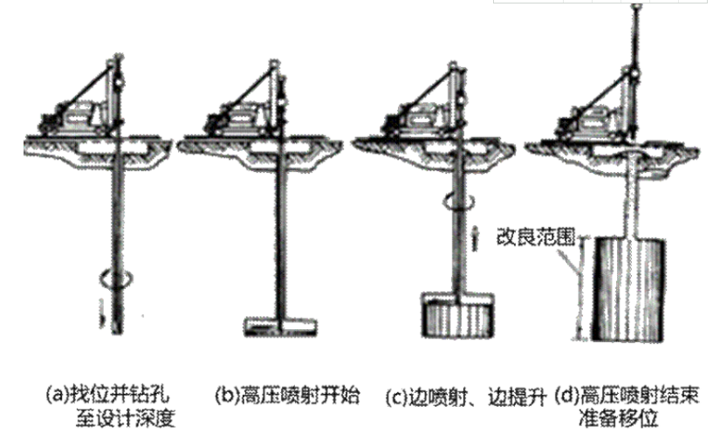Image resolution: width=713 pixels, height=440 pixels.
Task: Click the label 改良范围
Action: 536,237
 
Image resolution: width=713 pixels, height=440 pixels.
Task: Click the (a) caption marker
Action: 58,395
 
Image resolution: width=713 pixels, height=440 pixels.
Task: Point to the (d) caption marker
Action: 567,395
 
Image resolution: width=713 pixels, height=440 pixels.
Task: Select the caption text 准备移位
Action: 619,418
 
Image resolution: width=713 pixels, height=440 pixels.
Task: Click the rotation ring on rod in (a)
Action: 117,278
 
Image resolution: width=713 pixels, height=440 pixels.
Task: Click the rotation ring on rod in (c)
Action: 460,201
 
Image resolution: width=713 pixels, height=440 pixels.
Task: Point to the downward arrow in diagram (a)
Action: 103,313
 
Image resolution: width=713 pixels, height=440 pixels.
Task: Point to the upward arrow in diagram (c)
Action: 474,238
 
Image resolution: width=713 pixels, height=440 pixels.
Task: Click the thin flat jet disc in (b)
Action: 280,326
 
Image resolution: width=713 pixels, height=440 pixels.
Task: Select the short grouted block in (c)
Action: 457,315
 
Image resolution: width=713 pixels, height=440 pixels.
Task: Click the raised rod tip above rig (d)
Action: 636,7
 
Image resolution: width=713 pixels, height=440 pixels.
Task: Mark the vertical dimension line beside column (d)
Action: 580,288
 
